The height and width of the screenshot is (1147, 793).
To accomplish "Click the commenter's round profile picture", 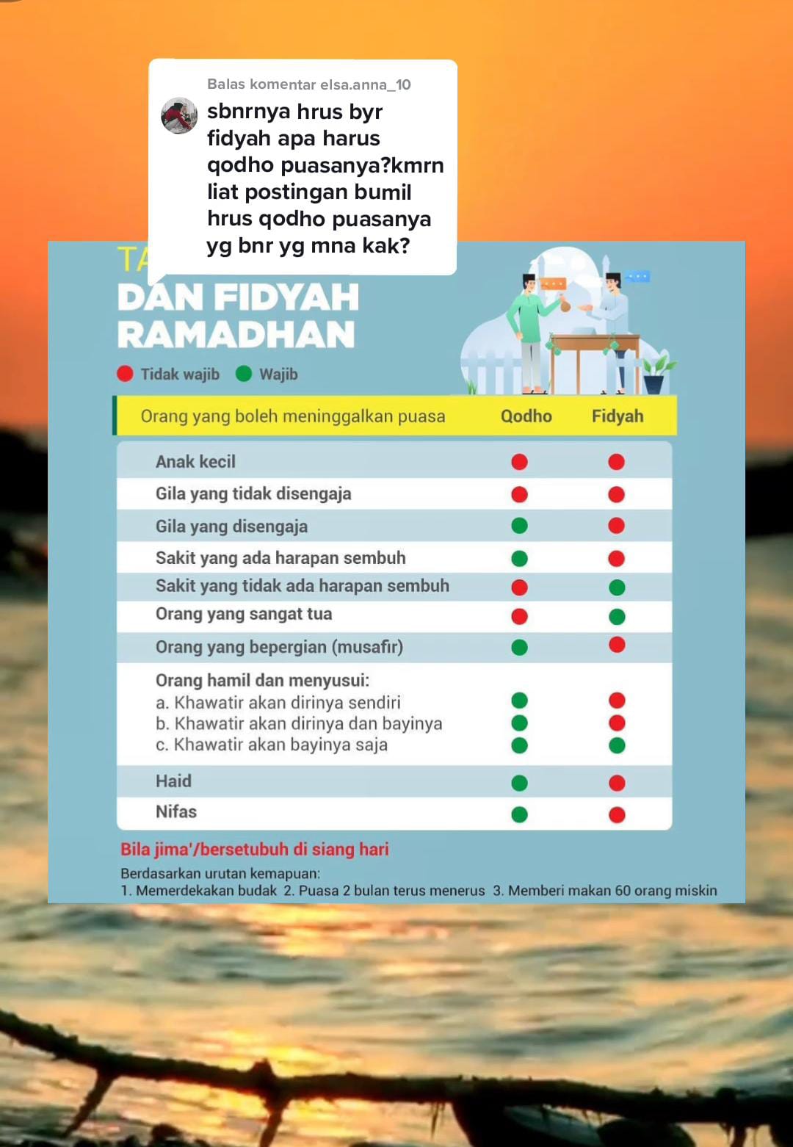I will pyautogui.click(x=179, y=115).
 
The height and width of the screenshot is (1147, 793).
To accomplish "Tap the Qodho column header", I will pyautogui.click(x=526, y=416).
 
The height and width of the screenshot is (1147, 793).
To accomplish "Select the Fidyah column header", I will pyautogui.click(x=618, y=416).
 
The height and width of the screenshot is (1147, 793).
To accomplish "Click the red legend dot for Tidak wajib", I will pyautogui.click(x=125, y=374).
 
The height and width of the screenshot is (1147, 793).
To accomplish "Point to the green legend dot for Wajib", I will pyautogui.click(x=244, y=374).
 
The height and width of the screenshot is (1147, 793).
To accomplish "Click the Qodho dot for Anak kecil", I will pyautogui.click(x=519, y=462).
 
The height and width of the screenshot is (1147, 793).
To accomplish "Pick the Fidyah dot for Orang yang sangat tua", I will pyautogui.click(x=617, y=617).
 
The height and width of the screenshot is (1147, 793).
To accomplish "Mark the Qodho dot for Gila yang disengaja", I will pyautogui.click(x=519, y=526).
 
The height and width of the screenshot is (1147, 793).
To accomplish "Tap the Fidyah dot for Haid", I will pyautogui.click(x=617, y=783).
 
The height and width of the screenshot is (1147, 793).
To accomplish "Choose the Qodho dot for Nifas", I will pyautogui.click(x=519, y=814).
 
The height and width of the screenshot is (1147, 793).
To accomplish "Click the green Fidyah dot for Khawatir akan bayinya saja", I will pyautogui.click(x=617, y=745).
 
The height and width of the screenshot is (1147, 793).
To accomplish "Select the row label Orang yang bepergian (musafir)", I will pyautogui.click(x=279, y=647).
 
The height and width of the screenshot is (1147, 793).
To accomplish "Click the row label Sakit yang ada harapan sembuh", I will pyautogui.click(x=280, y=558).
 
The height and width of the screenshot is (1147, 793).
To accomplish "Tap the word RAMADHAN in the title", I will pyautogui.click(x=236, y=335).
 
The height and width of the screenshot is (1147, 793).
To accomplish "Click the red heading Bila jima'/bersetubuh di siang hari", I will pyautogui.click(x=255, y=850).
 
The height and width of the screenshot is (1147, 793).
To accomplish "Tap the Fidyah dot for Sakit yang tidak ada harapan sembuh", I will pyautogui.click(x=617, y=587).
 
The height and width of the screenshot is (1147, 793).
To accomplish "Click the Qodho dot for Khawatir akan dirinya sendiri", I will pyautogui.click(x=519, y=701).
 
